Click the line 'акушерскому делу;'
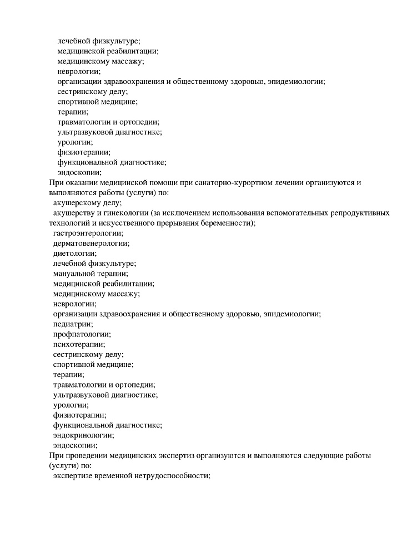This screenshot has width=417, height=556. point(87,203)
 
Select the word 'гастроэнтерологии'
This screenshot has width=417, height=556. point(88,233)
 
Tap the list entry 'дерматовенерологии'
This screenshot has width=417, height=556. point(91,243)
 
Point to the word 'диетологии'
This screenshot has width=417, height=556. point(74,253)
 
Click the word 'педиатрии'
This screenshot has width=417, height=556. point(72,324)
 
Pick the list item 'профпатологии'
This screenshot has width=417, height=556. point(81,334)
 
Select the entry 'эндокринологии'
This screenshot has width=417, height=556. point(83,435)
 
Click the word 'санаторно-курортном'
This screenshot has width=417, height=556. point(230,182)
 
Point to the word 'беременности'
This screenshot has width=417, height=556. point(228,223)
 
